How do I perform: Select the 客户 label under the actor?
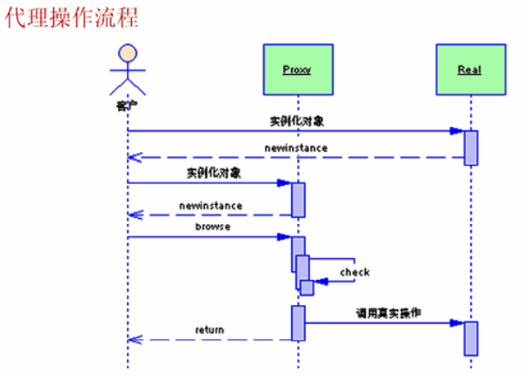pos(127,105)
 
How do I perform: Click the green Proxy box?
pos(296,69)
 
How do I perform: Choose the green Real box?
pos(469,69)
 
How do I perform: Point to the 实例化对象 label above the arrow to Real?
pos(296,119)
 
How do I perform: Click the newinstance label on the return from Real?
pos(296,148)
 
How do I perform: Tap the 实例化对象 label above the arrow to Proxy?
pos(214,172)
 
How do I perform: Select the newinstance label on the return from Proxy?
pos(210,206)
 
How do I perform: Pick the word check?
pos(354,272)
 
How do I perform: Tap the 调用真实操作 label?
pos(388,312)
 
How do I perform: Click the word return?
pos(209,330)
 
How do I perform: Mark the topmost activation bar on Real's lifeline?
pos(471,147)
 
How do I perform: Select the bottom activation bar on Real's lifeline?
pos(471,338)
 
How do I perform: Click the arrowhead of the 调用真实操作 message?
pos(455,322)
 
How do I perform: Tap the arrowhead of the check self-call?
pos(319,281)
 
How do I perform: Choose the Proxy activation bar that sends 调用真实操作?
pos(298,322)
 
